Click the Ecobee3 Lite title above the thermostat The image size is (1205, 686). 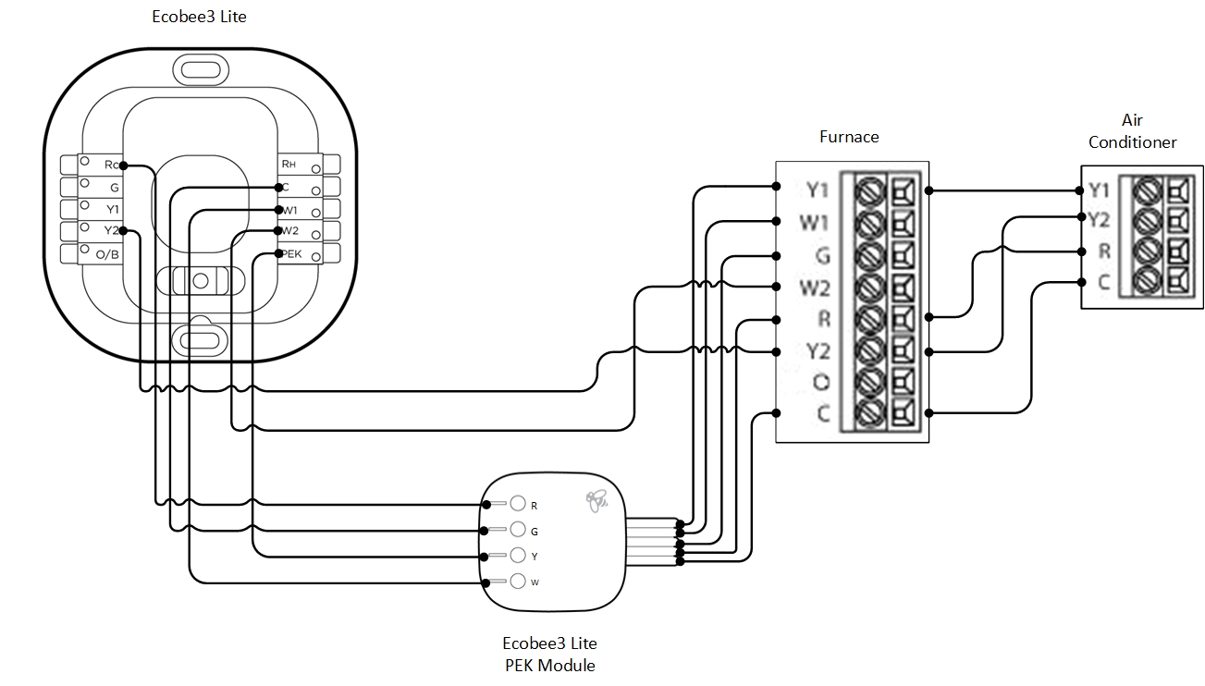[199, 17]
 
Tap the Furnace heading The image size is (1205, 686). [849, 137]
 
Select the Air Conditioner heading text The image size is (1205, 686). [1132, 131]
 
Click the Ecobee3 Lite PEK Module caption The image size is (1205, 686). [549, 654]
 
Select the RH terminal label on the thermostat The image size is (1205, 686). [289, 165]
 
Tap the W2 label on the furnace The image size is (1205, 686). [815, 288]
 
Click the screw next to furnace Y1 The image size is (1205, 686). [868, 190]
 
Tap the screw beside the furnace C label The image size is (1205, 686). [868, 413]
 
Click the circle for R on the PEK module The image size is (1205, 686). [518, 504]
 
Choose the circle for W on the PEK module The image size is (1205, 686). [518, 582]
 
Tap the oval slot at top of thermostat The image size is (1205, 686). [200, 68]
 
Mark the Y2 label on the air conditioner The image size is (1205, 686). [1099, 220]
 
